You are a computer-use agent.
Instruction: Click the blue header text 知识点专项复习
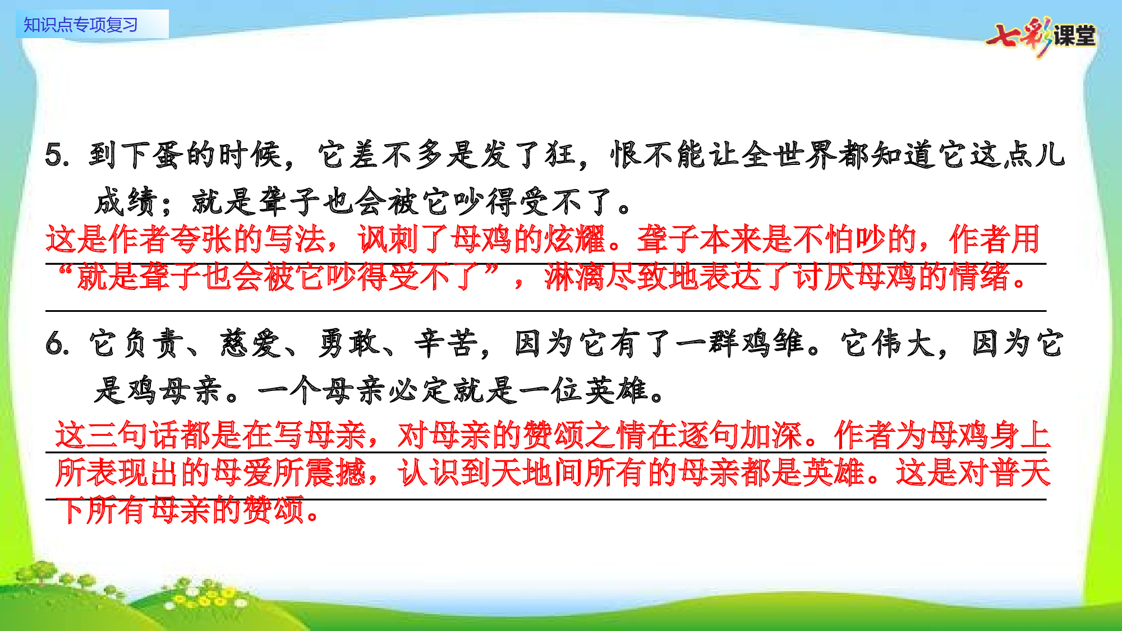[81, 25]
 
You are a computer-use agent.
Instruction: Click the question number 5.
[56, 155]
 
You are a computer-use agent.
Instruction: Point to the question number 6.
[56, 343]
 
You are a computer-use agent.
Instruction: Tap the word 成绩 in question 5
[127, 202]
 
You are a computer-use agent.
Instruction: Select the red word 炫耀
[576, 239]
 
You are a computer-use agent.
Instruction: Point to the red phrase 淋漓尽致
[606, 277]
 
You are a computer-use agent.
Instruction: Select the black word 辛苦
[447, 343]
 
